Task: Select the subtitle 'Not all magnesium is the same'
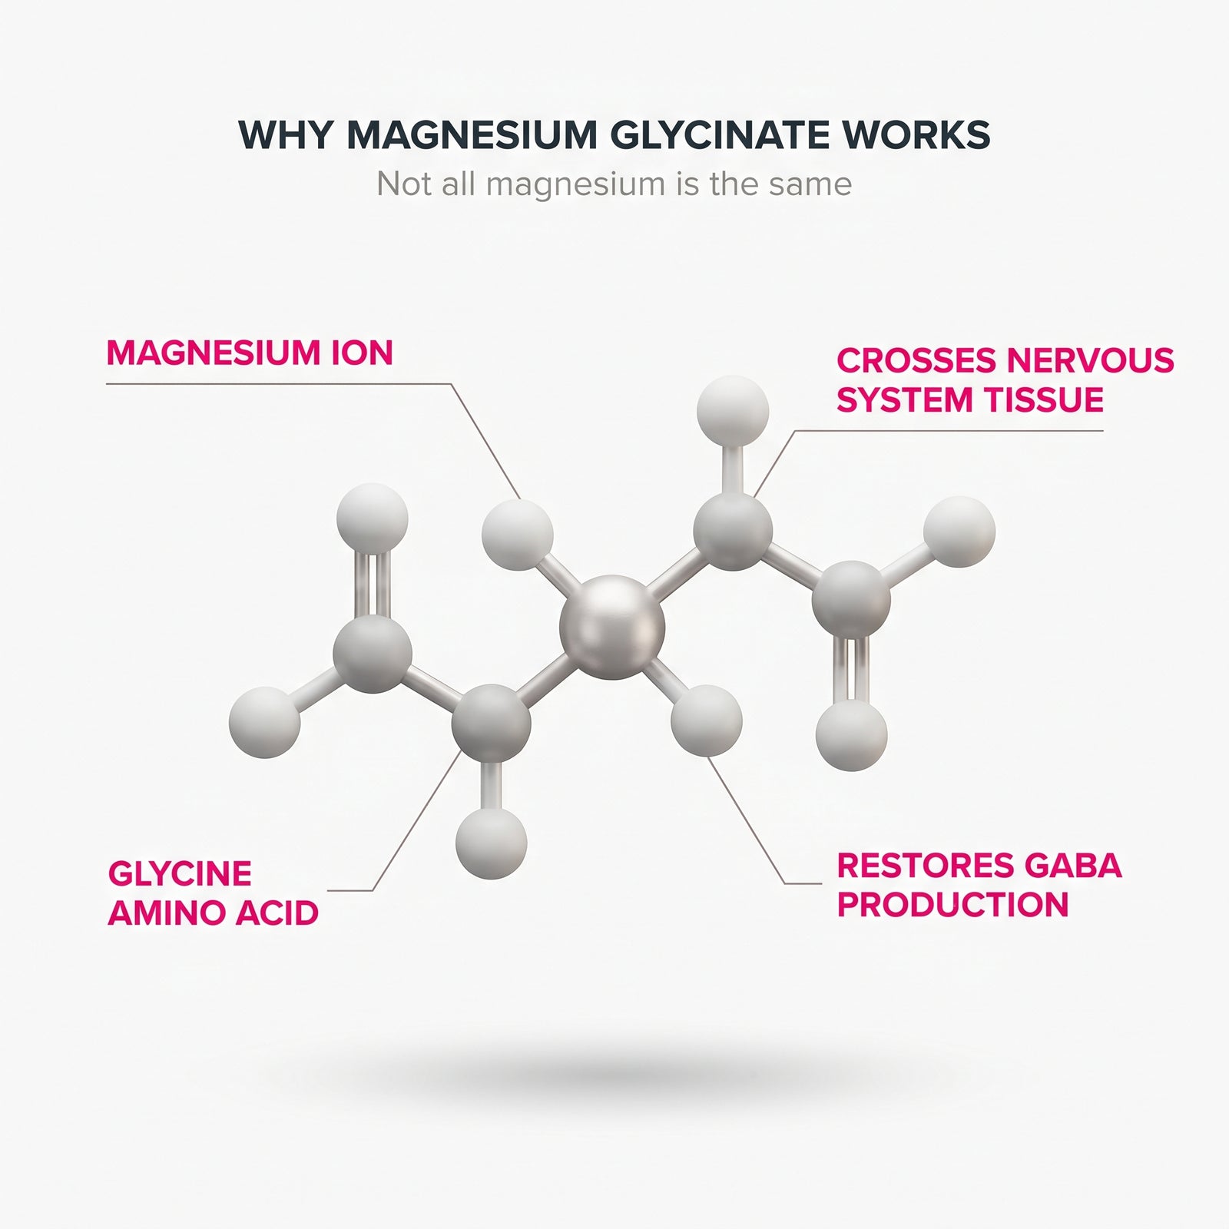pos(614,184)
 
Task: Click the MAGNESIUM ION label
pos(250,353)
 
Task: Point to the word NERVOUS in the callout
pos(1090,360)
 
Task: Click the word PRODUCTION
pos(952,904)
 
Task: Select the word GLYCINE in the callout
pos(180,873)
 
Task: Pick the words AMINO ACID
pos(213,913)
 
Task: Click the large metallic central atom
pos(612,627)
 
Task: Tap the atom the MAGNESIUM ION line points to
pos(517,535)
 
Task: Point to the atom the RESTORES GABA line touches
pos(706,721)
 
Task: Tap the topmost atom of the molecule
pos(732,411)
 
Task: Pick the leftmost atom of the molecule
pos(264,722)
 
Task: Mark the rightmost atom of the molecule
pos(959,532)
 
